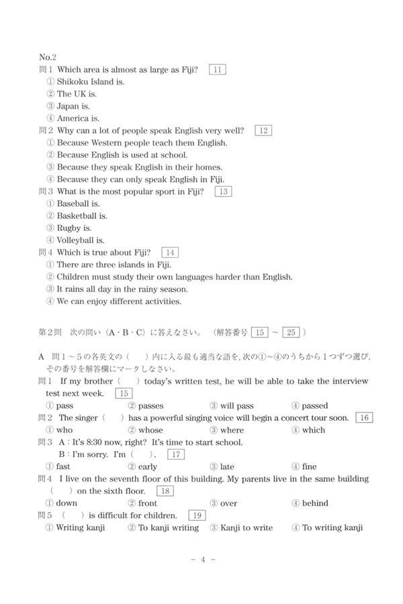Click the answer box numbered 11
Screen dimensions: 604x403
click(218, 69)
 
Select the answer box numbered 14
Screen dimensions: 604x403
click(171, 252)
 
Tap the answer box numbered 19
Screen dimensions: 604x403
click(197, 515)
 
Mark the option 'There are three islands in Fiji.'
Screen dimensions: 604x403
click(114, 264)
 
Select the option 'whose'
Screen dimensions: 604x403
click(150, 430)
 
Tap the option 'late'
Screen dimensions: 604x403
click(227, 466)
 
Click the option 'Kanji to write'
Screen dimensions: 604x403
click(246, 527)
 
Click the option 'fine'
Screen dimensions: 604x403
click(309, 466)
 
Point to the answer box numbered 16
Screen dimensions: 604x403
click(363, 417)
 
